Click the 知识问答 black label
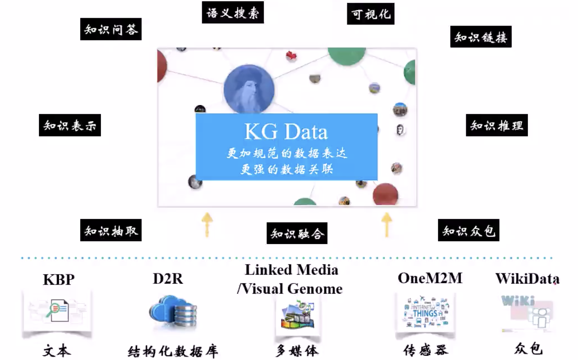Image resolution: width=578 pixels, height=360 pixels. coord(111,29)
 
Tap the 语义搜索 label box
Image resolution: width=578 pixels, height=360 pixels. coord(233,12)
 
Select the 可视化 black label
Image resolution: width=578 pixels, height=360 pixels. coord(371,14)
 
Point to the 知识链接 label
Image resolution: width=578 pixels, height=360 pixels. coord(481,37)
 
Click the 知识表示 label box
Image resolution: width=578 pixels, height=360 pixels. coord(70,125)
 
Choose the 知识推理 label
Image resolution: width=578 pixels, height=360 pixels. coord(496,125)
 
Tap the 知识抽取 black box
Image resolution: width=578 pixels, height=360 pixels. coord(111,230)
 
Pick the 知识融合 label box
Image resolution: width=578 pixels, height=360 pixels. coord(297,233)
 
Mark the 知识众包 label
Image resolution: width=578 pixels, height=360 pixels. coord(468,230)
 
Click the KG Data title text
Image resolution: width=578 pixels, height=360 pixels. coord(286,132)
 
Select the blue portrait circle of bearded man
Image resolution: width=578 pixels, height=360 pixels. coord(249,89)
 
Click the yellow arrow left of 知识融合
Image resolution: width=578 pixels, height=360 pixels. coord(207,224)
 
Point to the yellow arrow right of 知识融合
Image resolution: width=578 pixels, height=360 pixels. coord(386,224)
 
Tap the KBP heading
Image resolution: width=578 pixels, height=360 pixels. coord(59,280)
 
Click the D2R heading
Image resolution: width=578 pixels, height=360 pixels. coord(168,278)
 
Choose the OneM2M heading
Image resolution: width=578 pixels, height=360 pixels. coord(430,278)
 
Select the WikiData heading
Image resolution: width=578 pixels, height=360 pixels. coord(527,278)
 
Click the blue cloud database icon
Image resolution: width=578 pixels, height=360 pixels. coord(173,312)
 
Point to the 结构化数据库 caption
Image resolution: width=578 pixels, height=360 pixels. coord(173,351)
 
